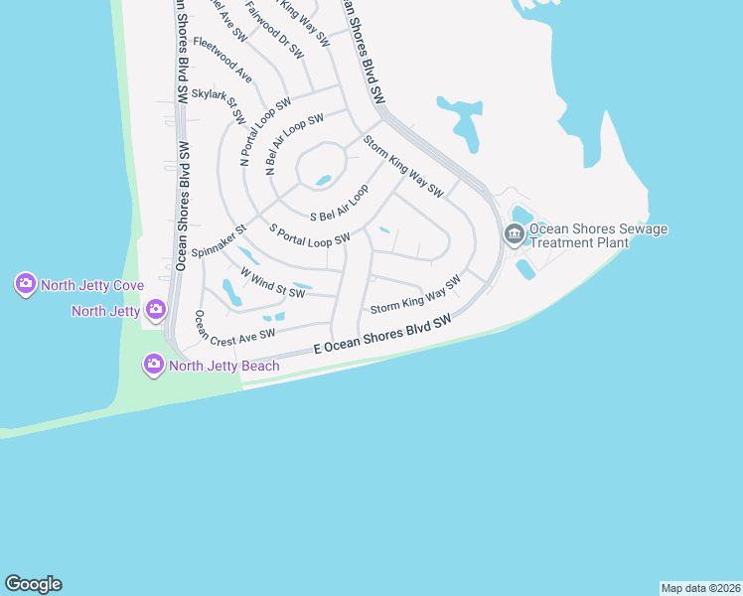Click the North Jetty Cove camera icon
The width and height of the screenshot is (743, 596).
click(x=25, y=285)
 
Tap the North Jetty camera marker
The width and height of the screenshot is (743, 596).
click(x=155, y=311)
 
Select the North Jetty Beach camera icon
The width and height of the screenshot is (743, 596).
click(x=154, y=366)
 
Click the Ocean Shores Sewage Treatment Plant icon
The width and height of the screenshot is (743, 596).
click(x=514, y=235)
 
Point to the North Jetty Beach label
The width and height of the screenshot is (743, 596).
click(x=223, y=366)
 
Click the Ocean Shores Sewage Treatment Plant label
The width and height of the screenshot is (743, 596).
click(x=598, y=235)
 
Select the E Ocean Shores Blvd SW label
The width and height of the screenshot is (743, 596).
click(x=382, y=335)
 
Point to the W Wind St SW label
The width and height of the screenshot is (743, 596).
click(x=271, y=282)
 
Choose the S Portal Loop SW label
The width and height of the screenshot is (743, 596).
click(x=310, y=234)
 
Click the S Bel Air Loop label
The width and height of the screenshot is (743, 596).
click(x=340, y=203)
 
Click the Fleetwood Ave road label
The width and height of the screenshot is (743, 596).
click(x=223, y=60)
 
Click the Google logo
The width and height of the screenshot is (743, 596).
click(x=33, y=584)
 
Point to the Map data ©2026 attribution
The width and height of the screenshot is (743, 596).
click(x=700, y=587)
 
